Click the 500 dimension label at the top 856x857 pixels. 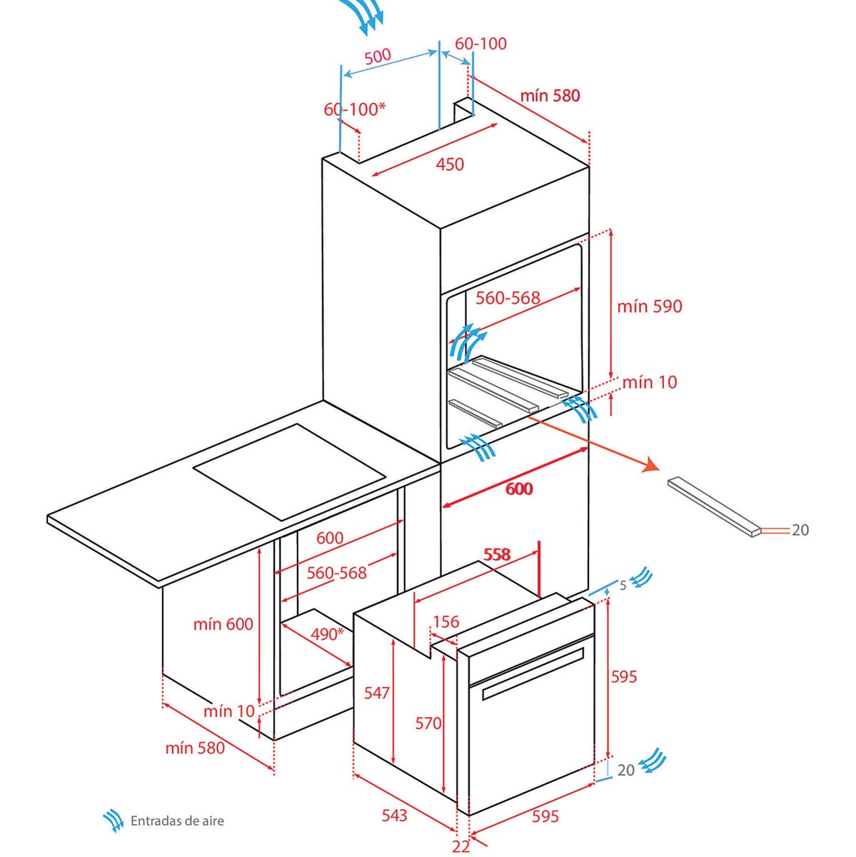coord(378,56)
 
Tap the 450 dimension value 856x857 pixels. coord(450,164)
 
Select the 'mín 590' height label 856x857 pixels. coord(649,306)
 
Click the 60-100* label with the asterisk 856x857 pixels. coord(354,109)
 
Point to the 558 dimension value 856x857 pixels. coord(497,554)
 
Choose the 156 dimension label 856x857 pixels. coord(445,621)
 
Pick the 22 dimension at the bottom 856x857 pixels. coord(460,846)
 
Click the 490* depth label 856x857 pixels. coord(327,634)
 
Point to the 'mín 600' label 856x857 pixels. coord(223,624)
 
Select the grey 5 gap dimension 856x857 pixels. coord(623,586)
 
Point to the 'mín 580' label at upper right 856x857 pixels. coord(550,96)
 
